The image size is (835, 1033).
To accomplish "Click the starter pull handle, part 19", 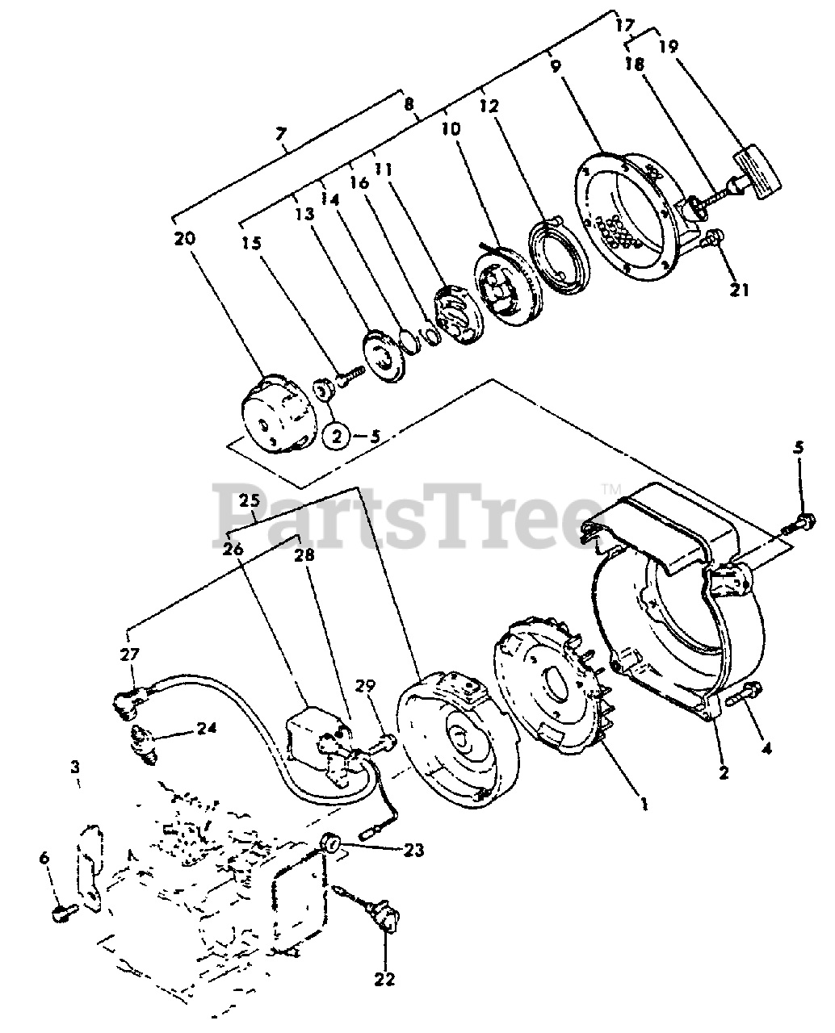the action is (x=757, y=167).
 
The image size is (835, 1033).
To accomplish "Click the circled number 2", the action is (x=338, y=436).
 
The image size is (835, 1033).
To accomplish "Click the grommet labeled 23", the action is (x=329, y=845).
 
